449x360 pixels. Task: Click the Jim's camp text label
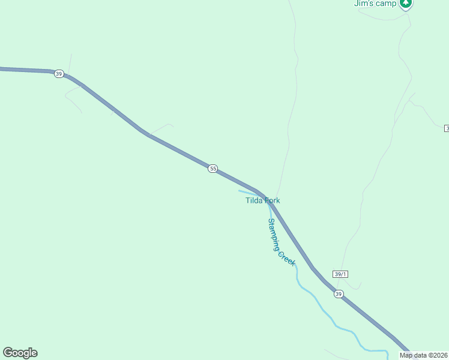pyautogui.click(x=375, y=4)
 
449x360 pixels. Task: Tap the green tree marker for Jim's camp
pyautogui.click(x=406, y=3)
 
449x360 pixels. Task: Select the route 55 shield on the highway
pyautogui.click(x=213, y=169)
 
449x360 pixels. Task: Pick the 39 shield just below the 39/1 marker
pyautogui.click(x=339, y=294)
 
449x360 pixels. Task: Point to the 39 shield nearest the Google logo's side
pyautogui.click(x=58, y=73)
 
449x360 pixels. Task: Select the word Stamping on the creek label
pyautogui.click(x=274, y=233)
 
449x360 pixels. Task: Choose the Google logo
pyautogui.click(x=20, y=353)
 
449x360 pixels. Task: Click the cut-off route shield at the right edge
pyautogui.click(x=447, y=128)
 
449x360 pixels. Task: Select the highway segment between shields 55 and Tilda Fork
pyautogui.click(x=237, y=179)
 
